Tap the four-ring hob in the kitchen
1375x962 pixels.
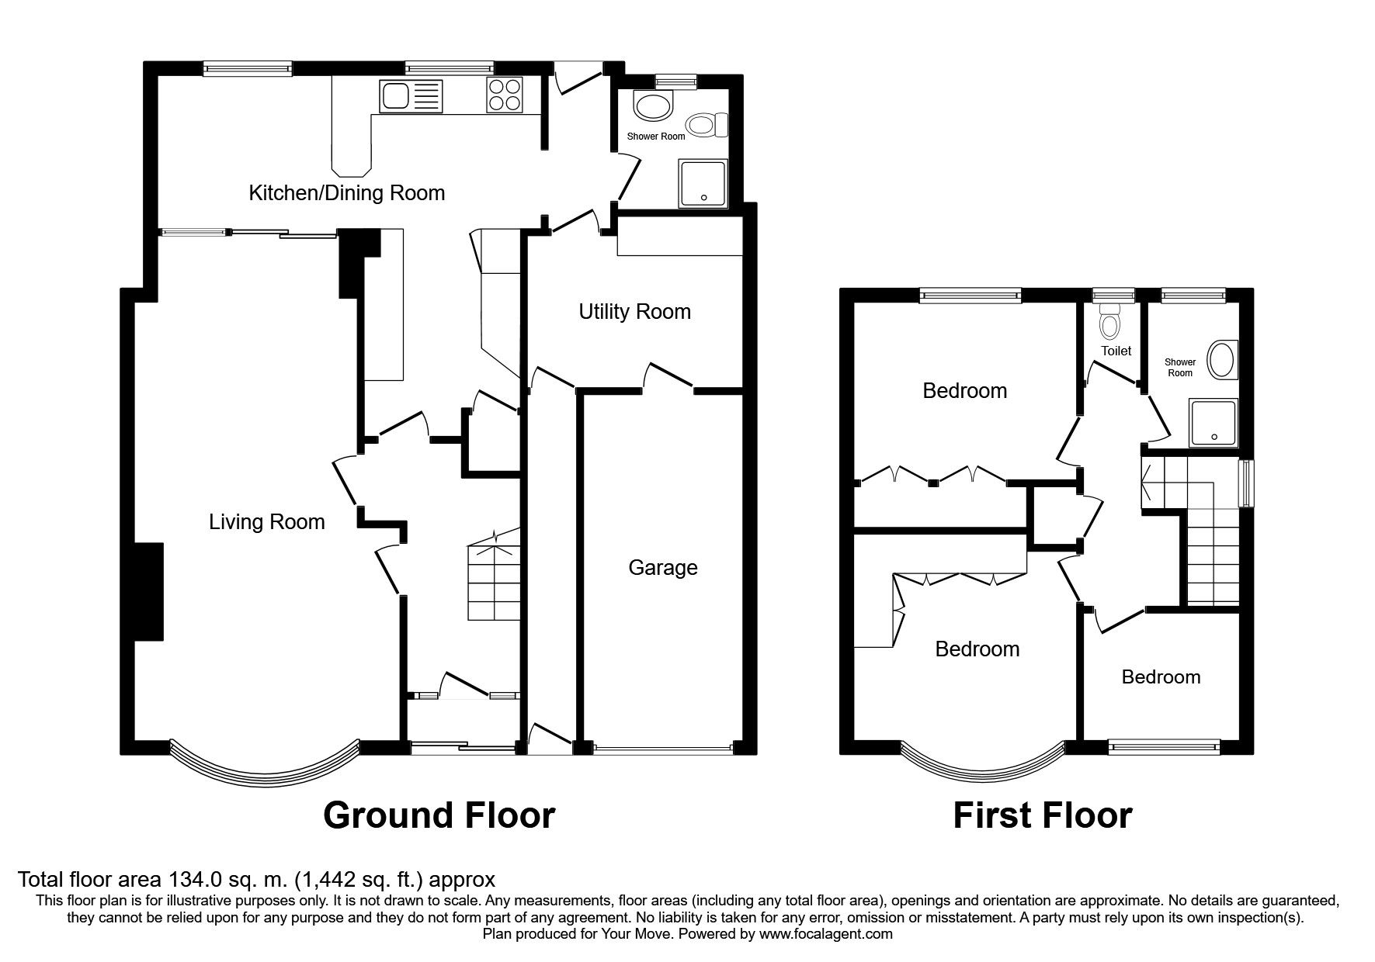coord(504,96)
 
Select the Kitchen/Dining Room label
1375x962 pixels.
coord(346,193)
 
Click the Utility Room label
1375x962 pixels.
coord(634,312)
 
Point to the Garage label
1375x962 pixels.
coord(662,568)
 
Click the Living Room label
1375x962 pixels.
coord(266,522)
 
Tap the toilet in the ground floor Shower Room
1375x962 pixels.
coord(707,125)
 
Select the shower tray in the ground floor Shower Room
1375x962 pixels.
coord(703,184)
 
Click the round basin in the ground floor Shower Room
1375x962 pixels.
coord(651,106)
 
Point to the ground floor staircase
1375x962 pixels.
coord(492,582)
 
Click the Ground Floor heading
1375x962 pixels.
coord(439,815)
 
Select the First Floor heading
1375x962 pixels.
coord(1043,815)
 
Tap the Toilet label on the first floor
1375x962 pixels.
coord(1116,351)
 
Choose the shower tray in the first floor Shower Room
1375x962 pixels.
coord(1213,424)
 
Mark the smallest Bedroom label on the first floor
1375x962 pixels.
coord(1161,677)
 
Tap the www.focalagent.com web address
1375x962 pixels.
coord(825,934)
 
